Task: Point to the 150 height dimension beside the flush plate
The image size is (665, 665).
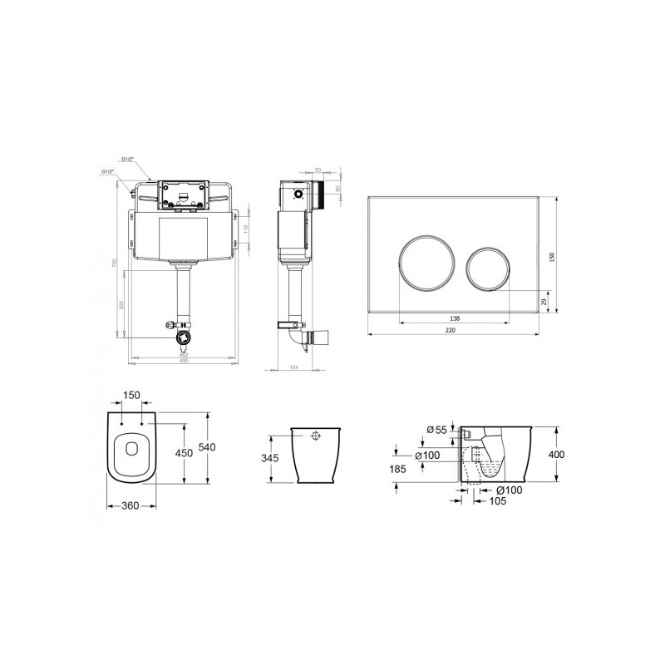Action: tap(550, 259)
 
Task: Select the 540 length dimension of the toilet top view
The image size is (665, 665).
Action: tap(216, 448)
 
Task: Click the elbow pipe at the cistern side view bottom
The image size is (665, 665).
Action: tap(294, 336)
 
